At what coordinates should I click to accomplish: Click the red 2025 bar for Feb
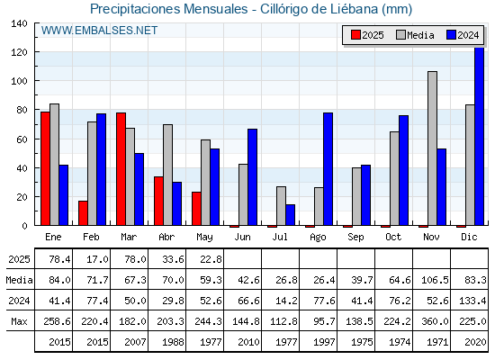83,213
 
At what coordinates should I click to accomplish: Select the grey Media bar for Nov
432,148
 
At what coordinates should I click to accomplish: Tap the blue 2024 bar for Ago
328,169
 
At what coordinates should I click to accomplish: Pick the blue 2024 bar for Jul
290,215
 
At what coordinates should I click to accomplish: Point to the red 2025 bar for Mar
121,169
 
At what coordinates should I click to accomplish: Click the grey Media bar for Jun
243,194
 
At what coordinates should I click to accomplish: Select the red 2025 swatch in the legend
355,35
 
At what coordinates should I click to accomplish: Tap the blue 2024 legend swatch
451,35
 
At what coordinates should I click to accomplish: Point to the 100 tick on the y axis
36,81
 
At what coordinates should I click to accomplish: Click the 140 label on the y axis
19,23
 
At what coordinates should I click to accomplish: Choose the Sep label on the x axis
355,238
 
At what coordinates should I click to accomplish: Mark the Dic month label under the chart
469,237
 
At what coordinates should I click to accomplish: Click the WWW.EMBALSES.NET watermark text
99,31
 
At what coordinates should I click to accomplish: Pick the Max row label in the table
19,321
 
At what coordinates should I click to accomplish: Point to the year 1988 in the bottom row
170,342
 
